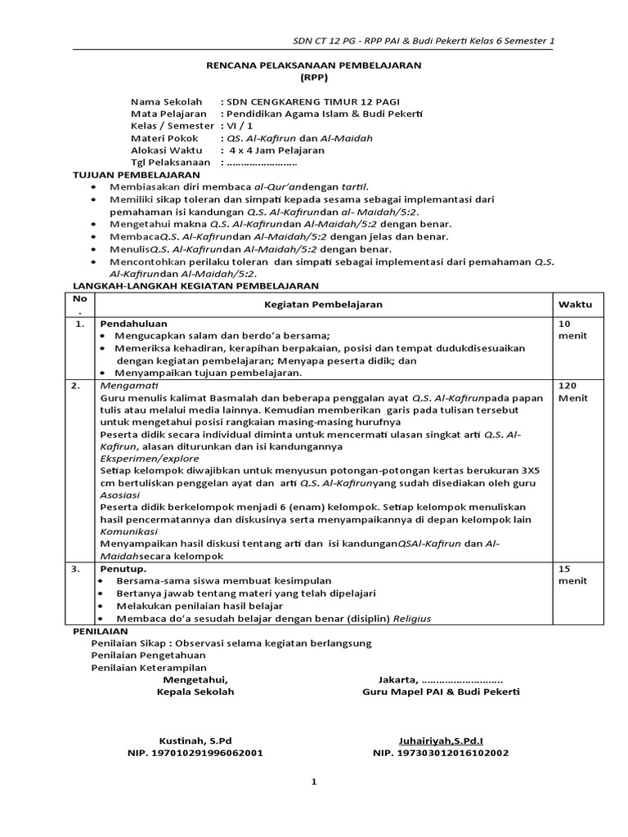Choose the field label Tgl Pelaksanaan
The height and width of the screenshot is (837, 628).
click(x=171, y=163)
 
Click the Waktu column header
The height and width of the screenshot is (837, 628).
click(x=575, y=304)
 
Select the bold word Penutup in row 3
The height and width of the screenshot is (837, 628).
click(x=123, y=567)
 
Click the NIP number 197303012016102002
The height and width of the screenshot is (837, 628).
click(x=441, y=752)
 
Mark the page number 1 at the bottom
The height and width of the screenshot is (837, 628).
click(x=313, y=781)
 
